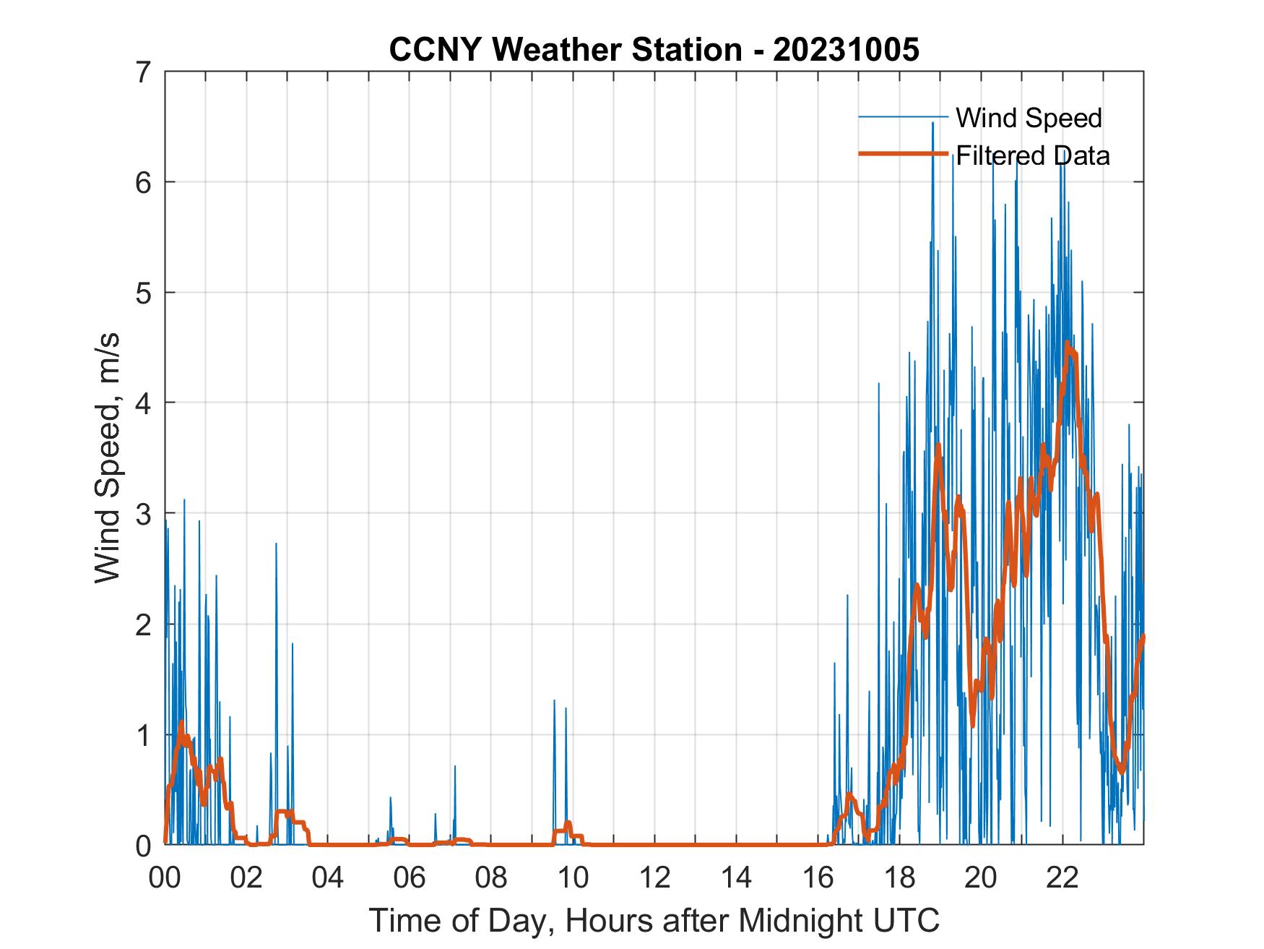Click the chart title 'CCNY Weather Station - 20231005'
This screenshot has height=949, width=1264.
pos(654,50)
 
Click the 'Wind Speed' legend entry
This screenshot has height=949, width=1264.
pos(1029,118)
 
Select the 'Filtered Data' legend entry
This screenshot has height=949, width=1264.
pos(1032,155)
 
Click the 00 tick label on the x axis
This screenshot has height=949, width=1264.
pos(165,878)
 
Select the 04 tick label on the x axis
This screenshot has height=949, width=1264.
pos(328,878)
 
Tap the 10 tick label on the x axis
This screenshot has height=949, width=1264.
pos(573,878)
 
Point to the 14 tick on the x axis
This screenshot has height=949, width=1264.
pos(736,878)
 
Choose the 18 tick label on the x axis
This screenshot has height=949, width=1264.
pos(899,878)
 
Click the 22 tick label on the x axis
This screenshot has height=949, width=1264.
pos(1062,878)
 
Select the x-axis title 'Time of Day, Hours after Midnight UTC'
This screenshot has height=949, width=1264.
pos(654,920)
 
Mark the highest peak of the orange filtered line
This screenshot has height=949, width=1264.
pos(1067,343)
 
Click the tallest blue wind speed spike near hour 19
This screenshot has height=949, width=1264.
pos(932,124)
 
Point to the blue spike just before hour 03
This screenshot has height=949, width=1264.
pos(276,544)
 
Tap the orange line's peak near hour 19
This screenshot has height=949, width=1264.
pos(938,445)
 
